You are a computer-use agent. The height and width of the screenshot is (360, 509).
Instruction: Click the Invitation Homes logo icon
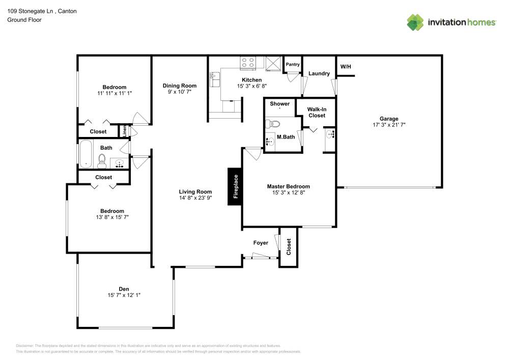(415, 22)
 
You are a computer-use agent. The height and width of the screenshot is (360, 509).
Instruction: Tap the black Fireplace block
(235, 187)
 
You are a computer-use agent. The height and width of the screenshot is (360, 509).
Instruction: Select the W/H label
(346, 67)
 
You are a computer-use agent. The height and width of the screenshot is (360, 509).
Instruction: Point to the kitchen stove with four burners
(248, 63)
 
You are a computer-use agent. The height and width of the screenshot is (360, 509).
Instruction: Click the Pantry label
(293, 65)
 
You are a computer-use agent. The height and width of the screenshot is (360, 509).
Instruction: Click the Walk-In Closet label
(316, 113)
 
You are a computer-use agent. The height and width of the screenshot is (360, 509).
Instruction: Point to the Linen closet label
(124, 131)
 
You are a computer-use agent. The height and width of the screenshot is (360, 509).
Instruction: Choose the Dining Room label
(179, 86)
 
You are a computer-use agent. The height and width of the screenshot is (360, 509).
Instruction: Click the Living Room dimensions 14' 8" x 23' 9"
(195, 198)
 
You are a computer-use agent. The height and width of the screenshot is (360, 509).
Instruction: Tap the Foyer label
(261, 243)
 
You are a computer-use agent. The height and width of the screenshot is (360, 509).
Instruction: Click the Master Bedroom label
(288, 186)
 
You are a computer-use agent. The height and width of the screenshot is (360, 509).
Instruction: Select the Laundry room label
(319, 73)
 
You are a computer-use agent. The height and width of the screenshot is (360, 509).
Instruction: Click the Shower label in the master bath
(279, 104)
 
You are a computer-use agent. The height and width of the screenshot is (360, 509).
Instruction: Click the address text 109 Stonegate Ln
(29, 11)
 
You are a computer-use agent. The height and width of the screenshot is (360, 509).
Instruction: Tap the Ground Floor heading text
(24, 20)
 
